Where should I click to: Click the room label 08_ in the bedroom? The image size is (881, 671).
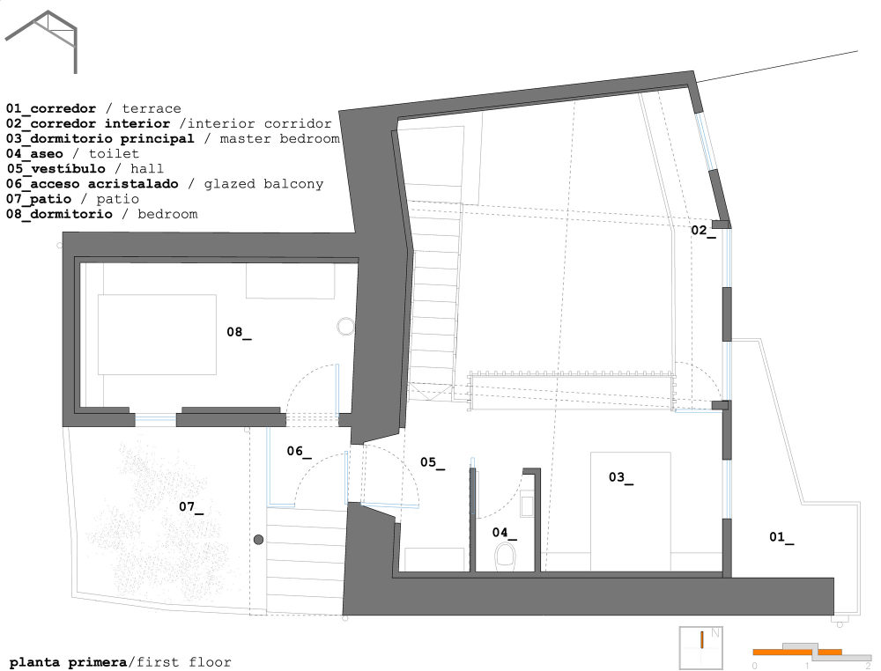[239, 333]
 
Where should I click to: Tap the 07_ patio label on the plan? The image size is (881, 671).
[191, 506]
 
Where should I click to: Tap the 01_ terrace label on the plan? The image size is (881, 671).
[781, 537]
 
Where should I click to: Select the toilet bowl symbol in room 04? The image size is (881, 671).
[505, 556]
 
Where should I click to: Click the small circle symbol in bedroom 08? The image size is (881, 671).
[344, 327]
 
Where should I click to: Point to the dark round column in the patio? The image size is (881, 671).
[258, 539]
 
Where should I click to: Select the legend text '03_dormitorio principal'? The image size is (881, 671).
[100, 139]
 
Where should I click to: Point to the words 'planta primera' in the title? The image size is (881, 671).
[68, 661]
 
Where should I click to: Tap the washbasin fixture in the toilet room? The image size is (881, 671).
[526, 505]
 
